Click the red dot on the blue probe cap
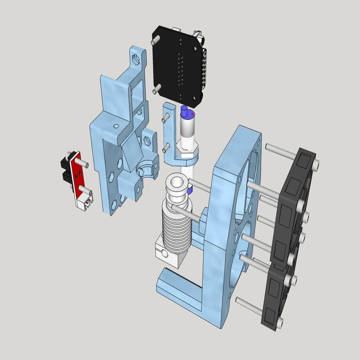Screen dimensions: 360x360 tap(193, 114)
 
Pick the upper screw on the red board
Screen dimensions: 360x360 tap(81, 162)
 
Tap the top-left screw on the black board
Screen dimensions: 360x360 tap(154, 42)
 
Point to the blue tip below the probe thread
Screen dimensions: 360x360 tap(190, 191)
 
